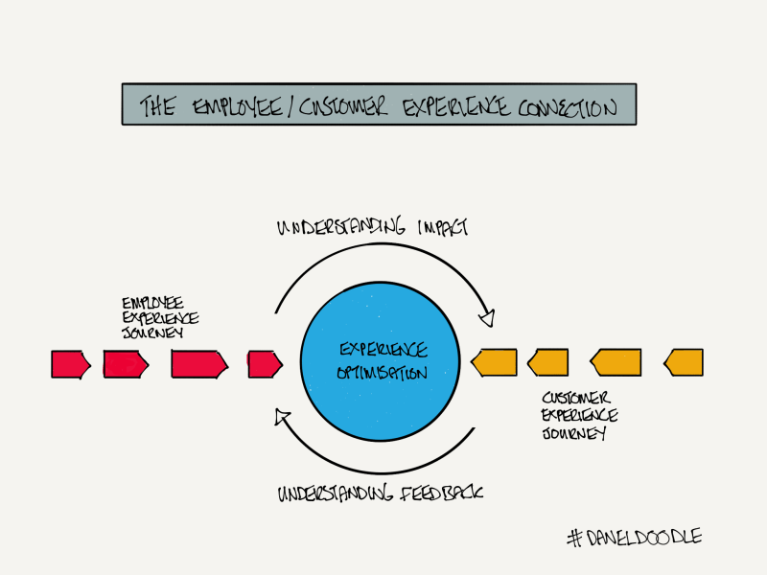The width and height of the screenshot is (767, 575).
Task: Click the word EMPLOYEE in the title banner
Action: (x=233, y=105)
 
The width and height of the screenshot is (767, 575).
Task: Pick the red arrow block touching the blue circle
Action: (x=265, y=363)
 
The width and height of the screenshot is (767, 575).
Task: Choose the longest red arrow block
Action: (x=198, y=363)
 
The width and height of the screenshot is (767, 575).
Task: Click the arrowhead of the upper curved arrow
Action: (x=488, y=316)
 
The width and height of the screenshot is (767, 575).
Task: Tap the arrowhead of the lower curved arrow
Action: (x=281, y=414)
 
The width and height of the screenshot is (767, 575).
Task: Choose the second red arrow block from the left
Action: (x=126, y=363)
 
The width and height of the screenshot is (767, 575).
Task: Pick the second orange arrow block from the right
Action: (x=616, y=363)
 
